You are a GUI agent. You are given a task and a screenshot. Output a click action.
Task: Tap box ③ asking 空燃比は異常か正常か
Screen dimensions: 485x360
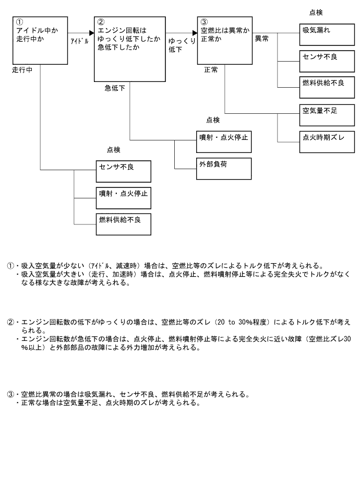pos(224,40)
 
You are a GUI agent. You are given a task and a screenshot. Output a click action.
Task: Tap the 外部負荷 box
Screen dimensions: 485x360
pos(223,168)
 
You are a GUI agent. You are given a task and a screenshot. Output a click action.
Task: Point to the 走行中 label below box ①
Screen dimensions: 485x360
pos(22,70)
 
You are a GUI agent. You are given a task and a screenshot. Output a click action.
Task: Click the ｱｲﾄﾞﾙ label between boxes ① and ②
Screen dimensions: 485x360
pos(79,40)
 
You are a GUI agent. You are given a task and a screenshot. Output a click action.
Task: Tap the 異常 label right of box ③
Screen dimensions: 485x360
pos(261,39)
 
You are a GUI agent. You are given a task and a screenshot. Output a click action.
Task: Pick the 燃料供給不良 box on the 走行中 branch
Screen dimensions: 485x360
pos(123,223)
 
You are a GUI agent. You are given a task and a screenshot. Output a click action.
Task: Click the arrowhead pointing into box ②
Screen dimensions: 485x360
pos(91,33)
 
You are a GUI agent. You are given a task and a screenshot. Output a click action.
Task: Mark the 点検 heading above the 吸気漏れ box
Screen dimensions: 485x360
pos(316,13)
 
